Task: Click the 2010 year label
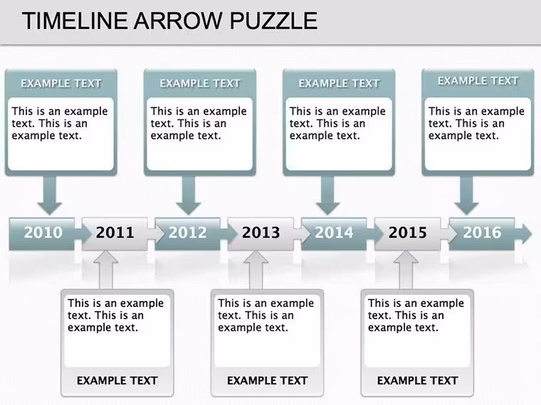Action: pos(43,232)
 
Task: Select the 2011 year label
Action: pos(115,232)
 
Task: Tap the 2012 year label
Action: pos(188,232)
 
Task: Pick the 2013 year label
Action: pos(261,232)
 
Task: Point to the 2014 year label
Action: pos(334,232)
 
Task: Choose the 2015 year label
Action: pos(407,232)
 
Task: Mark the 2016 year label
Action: pos(482,232)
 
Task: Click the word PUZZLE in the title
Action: pos(273,21)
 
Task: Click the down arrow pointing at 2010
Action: pos(50,195)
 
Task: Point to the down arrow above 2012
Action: pos(189,195)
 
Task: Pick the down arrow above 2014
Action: pos(327,195)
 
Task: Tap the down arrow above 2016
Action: pos(466,195)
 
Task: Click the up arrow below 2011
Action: pos(106,270)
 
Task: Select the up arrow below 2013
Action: pos(256,270)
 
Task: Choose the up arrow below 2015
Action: pos(406,270)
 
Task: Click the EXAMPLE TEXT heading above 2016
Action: pos(478,80)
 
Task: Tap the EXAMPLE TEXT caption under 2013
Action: pos(268,381)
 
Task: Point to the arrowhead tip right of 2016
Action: pos(532,234)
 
